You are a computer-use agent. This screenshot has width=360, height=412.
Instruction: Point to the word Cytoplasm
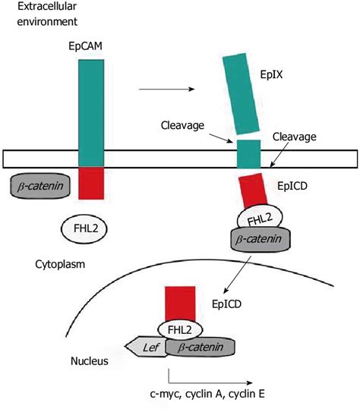[x=58, y=266]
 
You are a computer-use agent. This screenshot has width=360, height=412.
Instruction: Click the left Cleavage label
[x=182, y=126]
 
